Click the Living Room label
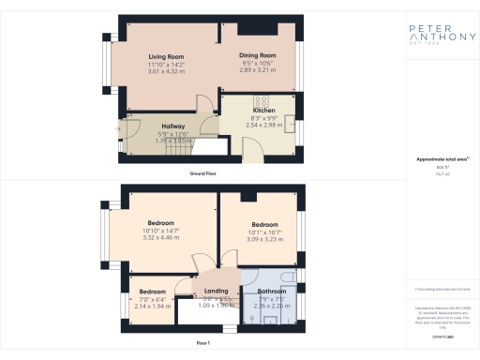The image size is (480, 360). tap(165, 57)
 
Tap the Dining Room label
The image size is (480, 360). tap(255, 55)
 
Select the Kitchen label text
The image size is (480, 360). tap(262, 111)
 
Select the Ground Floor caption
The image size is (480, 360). tap(205, 174)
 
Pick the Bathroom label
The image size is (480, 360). tap(272, 292)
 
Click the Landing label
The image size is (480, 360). tap(216, 292)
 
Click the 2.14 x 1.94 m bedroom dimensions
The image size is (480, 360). tap(152, 307)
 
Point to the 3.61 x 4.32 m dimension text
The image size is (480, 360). tap(165, 71)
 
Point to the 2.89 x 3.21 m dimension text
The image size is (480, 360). tap(255, 69)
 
